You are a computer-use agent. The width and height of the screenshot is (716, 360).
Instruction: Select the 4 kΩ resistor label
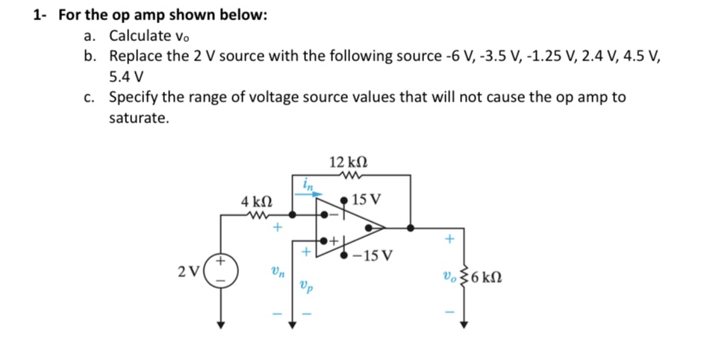(x=256, y=201)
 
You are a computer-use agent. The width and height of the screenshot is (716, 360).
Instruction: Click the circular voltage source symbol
(x=221, y=270)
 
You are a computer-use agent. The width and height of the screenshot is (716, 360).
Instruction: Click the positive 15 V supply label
(x=367, y=199)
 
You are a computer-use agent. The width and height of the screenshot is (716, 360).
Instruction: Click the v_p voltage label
(x=306, y=284)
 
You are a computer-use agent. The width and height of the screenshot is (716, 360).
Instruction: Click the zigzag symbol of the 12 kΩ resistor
(x=348, y=176)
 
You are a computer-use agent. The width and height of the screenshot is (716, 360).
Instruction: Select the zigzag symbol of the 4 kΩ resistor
(x=256, y=215)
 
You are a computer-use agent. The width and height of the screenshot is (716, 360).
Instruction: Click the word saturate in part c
(x=139, y=118)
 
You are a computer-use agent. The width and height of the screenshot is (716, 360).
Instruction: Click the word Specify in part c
(x=133, y=97)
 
